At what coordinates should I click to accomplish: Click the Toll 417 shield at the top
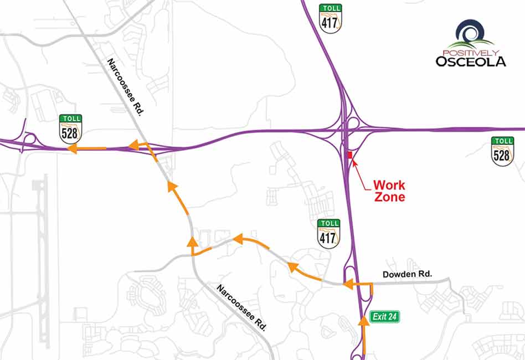pos(330,19)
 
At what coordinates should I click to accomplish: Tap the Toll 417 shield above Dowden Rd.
pos(328,233)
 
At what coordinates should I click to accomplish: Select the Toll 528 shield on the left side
pos(71,128)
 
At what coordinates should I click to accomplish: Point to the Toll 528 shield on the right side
pos(502,151)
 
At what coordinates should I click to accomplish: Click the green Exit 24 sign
pos(385,317)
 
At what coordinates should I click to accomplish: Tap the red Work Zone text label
pos(389,191)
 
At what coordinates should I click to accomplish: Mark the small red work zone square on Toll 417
pos(349,155)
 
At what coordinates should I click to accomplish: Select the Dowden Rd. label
pos(406,274)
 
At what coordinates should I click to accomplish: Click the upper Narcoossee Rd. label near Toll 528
pos(125,87)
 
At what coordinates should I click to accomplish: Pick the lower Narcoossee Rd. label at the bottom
pos(241,307)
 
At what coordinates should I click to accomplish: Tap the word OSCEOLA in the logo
pos(470,61)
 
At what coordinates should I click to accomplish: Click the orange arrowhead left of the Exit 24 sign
pos(363,318)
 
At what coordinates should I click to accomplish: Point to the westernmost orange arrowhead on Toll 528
pos(71,148)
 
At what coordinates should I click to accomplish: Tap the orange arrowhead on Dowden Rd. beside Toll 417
pos(348,285)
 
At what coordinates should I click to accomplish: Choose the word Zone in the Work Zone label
pos(389,197)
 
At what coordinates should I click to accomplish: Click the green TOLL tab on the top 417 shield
pos(330,8)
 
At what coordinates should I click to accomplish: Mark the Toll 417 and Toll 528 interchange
pos(348,130)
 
